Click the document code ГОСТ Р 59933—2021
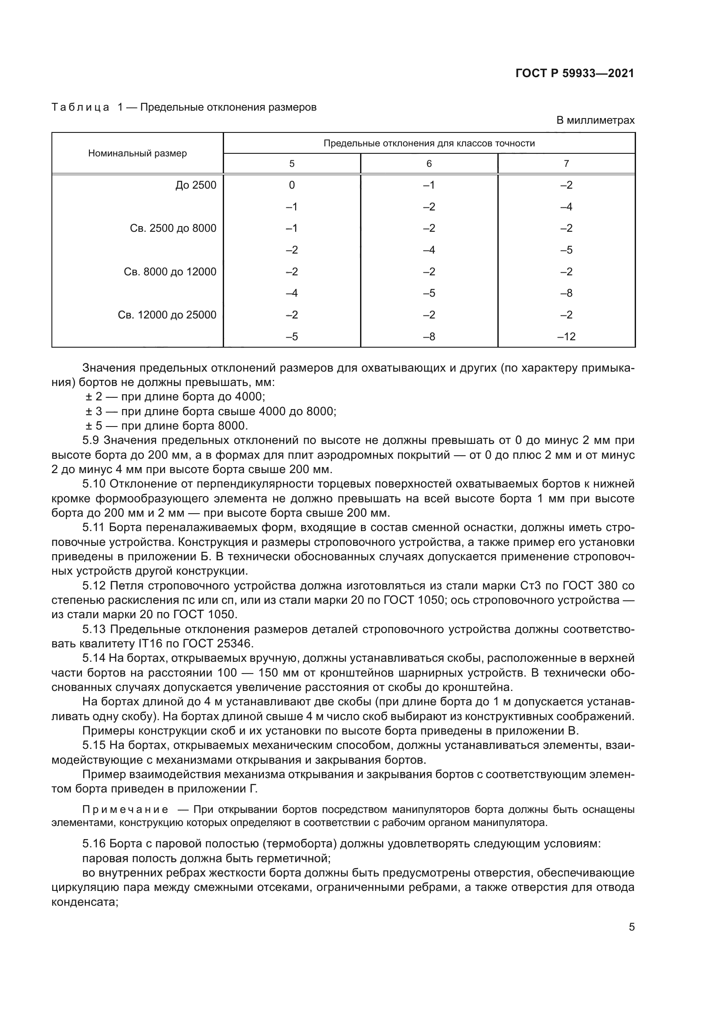point(575,73)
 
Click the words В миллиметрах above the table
point(595,120)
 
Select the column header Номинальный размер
point(137,153)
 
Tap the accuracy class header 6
point(429,164)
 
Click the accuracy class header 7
point(566,164)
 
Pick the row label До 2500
point(196,185)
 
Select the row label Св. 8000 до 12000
point(170,271)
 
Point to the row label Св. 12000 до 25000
point(167,315)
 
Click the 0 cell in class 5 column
point(292,185)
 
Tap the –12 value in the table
point(566,337)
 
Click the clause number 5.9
point(91,440)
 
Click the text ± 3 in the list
point(94,411)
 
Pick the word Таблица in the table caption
point(80,108)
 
